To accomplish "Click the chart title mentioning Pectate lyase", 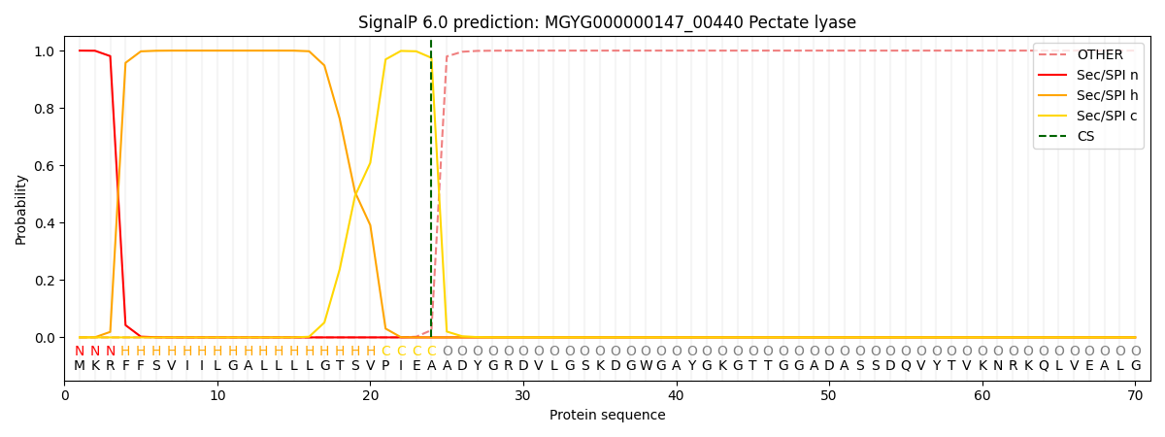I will pyautogui.click(x=607, y=22).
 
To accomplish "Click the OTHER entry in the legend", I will pyautogui.click(x=1100, y=55).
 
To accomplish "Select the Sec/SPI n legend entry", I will pyautogui.click(x=1107, y=76).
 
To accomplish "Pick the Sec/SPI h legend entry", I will pyautogui.click(x=1107, y=96).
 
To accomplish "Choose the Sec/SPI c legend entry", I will pyautogui.click(x=1107, y=117).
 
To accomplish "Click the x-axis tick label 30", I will pyautogui.click(x=523, y=394).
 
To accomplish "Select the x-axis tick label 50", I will pyautogui.click(x=829, y=394).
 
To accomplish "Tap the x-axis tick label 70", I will pyautogui.click(x=1135, y=394).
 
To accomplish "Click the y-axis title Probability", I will pyautogui.click(x=20, y=209).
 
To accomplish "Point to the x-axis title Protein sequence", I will pyautogui.click(x=607, y=416).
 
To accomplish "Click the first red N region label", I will pyautogui.click(x=80, y=352).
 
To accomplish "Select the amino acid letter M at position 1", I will pyautogui.click(x=80, y=366).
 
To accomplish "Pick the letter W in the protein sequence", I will pyautogui.click(x=646, y=366).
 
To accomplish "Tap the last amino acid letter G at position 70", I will pyautogui.click(x=1135, y=366).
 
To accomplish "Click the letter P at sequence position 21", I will pyautogui.click(x=385, y=366).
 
